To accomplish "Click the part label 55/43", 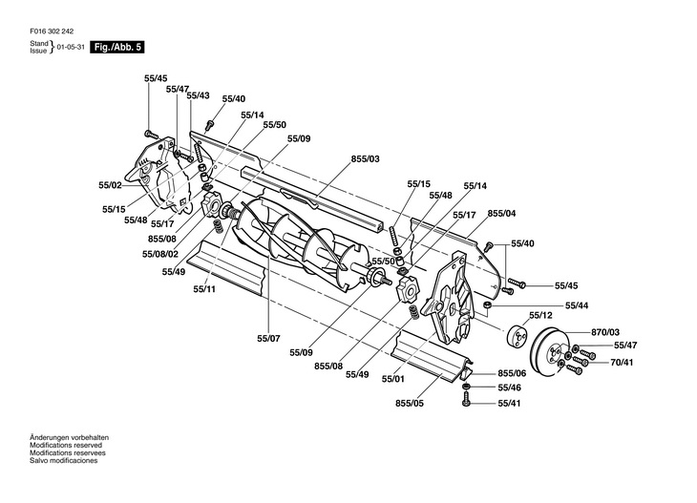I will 198,95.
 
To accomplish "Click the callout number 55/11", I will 204,288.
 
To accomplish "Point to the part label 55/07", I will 268,338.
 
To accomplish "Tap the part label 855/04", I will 502,213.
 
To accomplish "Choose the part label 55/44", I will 577,305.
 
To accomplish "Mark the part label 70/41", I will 624,362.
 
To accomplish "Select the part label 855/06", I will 511,374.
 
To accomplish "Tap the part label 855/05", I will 409,403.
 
